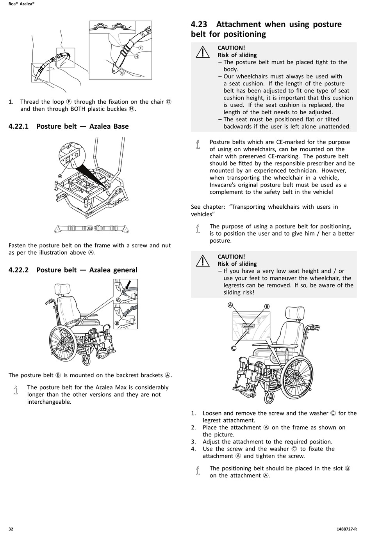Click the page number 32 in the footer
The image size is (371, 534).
(x=11, y=529)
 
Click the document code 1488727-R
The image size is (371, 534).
(x=346, y=529)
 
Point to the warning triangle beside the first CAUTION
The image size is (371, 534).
(x=203, y=52)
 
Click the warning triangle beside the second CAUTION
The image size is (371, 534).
(x=203, y=260)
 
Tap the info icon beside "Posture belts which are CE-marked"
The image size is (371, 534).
(x=198, y=145)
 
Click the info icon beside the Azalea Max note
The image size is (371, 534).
(x=16, y=390)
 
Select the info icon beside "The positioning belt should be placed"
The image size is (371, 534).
(x=198, y=471)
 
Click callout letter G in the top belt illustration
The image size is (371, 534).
(x=122, y=73)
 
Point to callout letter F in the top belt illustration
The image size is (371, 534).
(x=141, y=48)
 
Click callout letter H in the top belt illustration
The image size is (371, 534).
(x=137, y=57)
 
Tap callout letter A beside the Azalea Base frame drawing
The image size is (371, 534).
(x=60, y=176)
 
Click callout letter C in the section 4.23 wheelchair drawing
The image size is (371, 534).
(x=234, y=348)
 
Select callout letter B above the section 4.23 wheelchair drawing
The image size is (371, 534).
(x=267, y=306)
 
